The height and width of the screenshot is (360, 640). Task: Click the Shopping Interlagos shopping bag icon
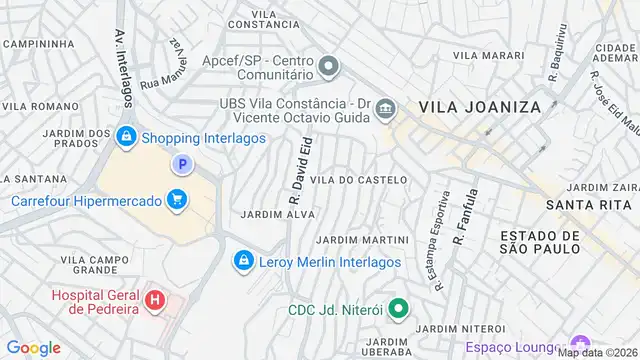[x=126, y=136]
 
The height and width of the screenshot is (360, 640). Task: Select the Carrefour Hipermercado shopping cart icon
[x=177, y=200]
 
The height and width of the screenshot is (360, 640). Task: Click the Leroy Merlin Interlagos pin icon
[x=243, y=262]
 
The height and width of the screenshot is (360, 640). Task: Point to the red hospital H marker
[x=155, y=299]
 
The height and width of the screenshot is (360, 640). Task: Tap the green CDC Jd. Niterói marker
[x=398, y=310]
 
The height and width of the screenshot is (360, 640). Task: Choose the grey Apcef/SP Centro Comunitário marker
[x=329, y=66]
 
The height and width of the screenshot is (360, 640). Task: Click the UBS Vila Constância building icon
[x=387, y=109]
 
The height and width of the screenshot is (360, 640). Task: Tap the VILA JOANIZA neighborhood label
[x=479, y=106]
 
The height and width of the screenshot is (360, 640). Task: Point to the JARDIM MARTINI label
[x=362, y=240]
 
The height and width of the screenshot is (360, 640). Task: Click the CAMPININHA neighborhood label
[x=40, y=44]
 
